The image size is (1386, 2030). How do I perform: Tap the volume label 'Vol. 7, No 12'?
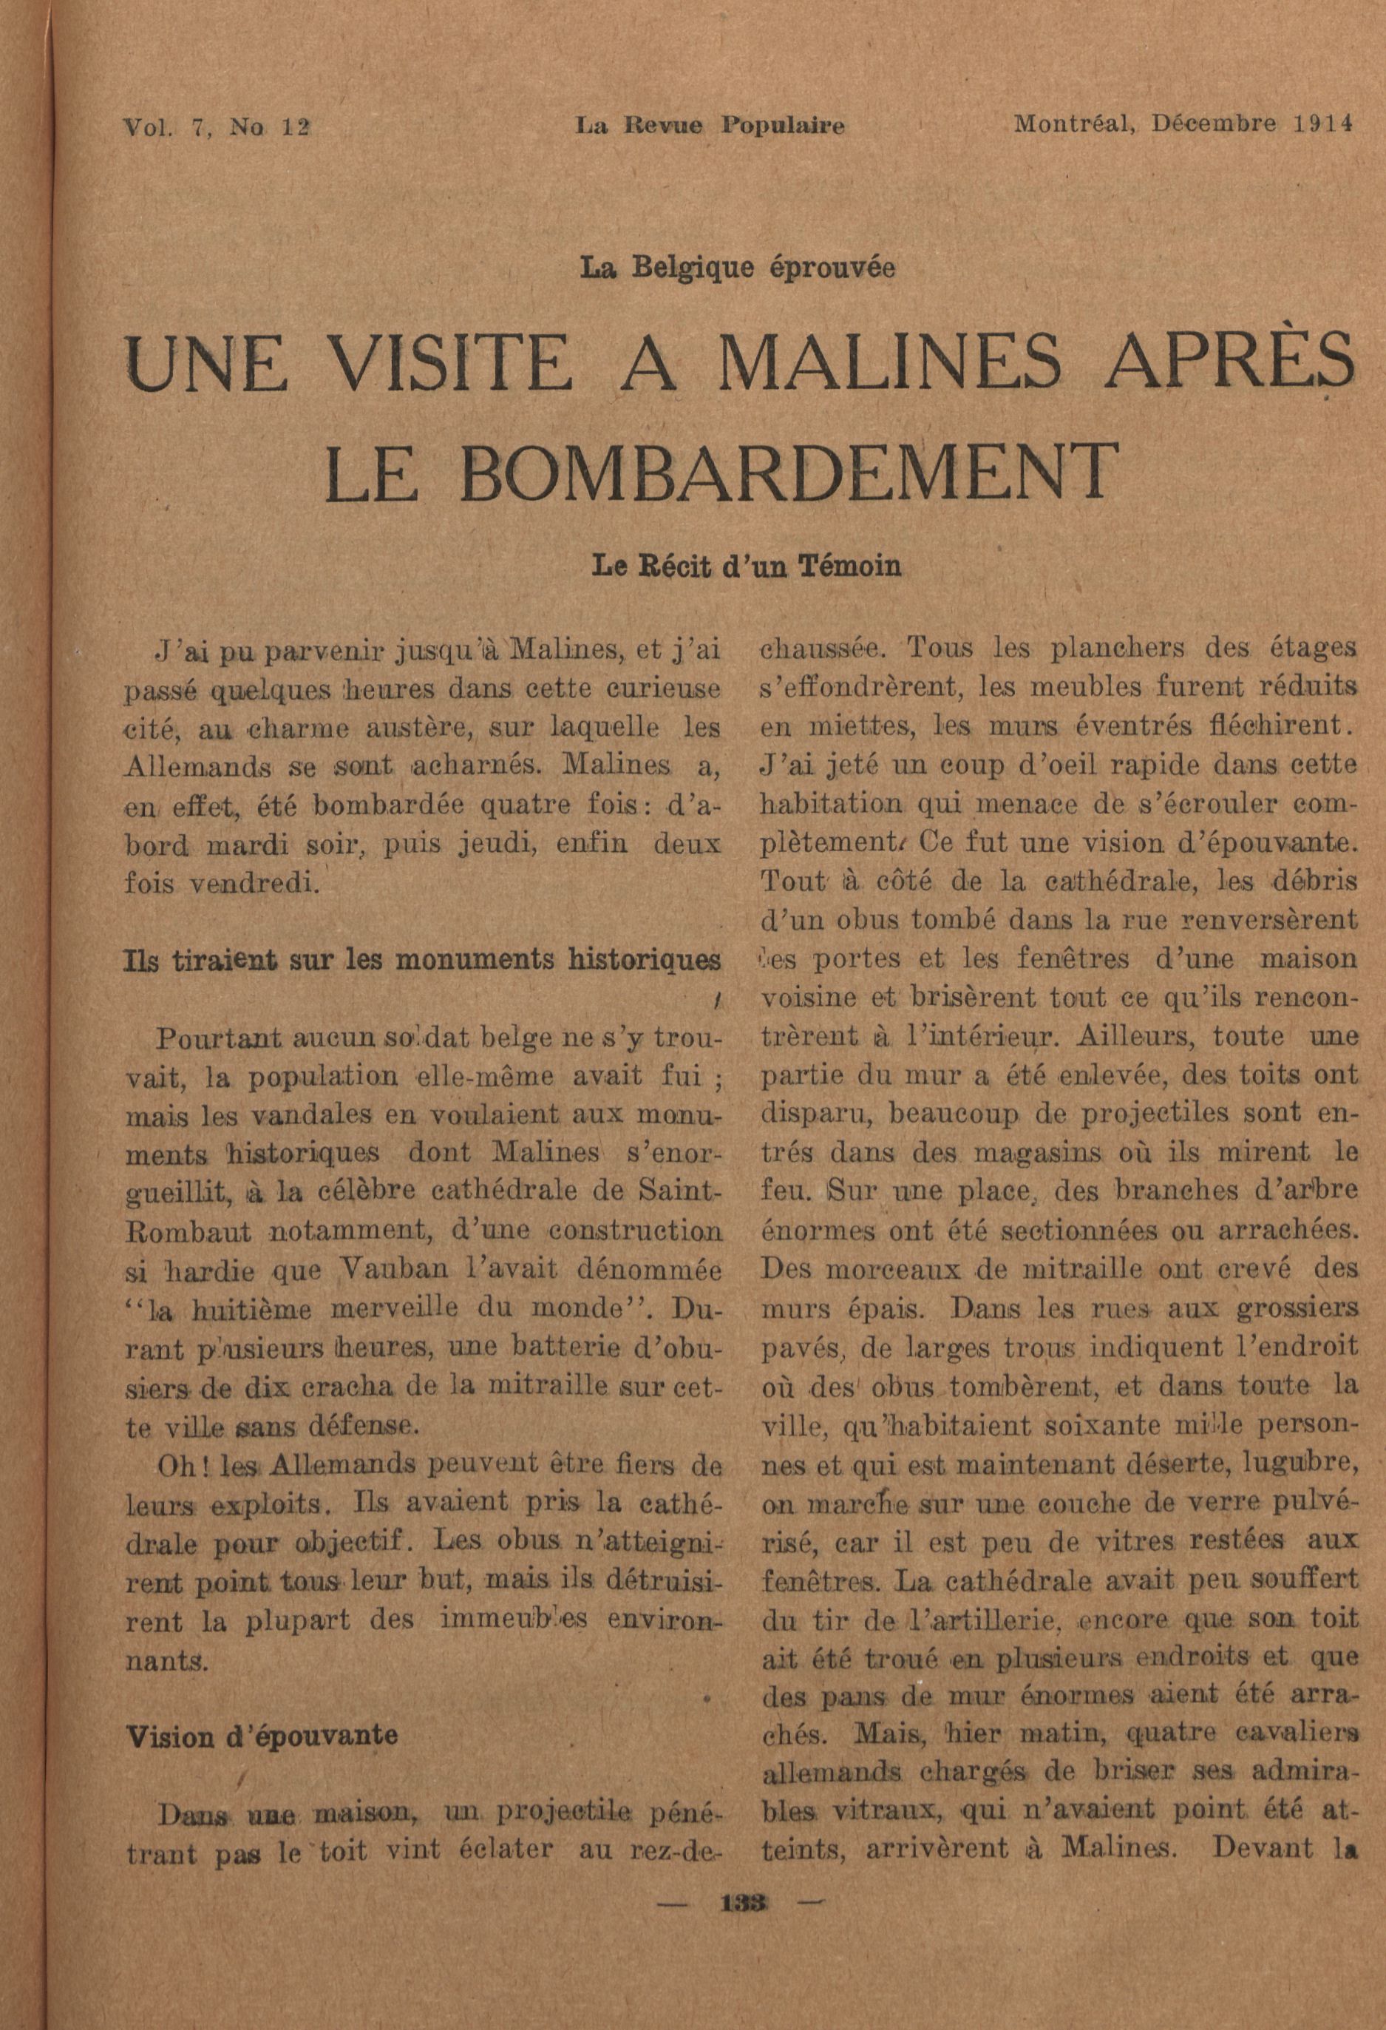217,126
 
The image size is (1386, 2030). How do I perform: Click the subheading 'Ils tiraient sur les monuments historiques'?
424,959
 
